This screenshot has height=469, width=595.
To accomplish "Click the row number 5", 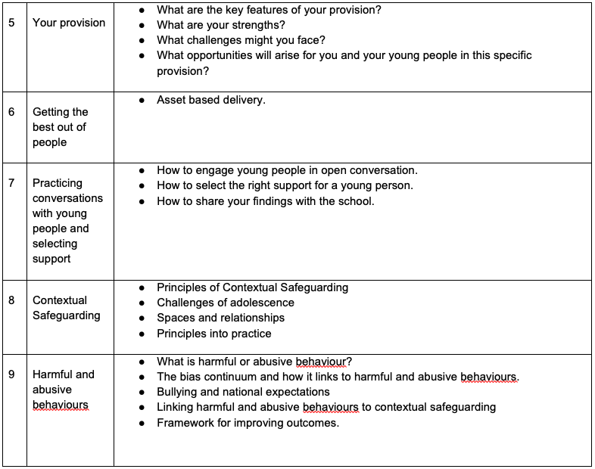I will (11, 23).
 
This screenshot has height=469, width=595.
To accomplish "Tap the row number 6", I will (11, 112).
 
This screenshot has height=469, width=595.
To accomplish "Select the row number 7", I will (11, 183).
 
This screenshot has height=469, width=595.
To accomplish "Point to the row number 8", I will (11, 300).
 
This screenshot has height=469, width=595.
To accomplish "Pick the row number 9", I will (11, 374).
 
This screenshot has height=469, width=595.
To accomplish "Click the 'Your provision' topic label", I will (69, 23).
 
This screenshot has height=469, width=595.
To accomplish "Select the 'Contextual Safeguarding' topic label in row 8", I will (67, 308).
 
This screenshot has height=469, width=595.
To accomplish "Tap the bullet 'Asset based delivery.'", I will (210, 100).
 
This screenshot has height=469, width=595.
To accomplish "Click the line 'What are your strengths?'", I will (221, 25).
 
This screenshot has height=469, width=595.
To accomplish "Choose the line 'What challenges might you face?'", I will (241, 40).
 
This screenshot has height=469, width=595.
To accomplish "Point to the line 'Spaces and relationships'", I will (220, 318).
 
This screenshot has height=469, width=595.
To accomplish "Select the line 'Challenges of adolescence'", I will (226, 303).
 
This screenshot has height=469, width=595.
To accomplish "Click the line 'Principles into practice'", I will (213, 334).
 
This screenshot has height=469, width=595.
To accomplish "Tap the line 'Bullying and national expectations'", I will (243, 392).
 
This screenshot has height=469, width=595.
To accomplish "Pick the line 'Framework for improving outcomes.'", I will (248, 423).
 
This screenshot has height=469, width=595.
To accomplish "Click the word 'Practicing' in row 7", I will (58, 183).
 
